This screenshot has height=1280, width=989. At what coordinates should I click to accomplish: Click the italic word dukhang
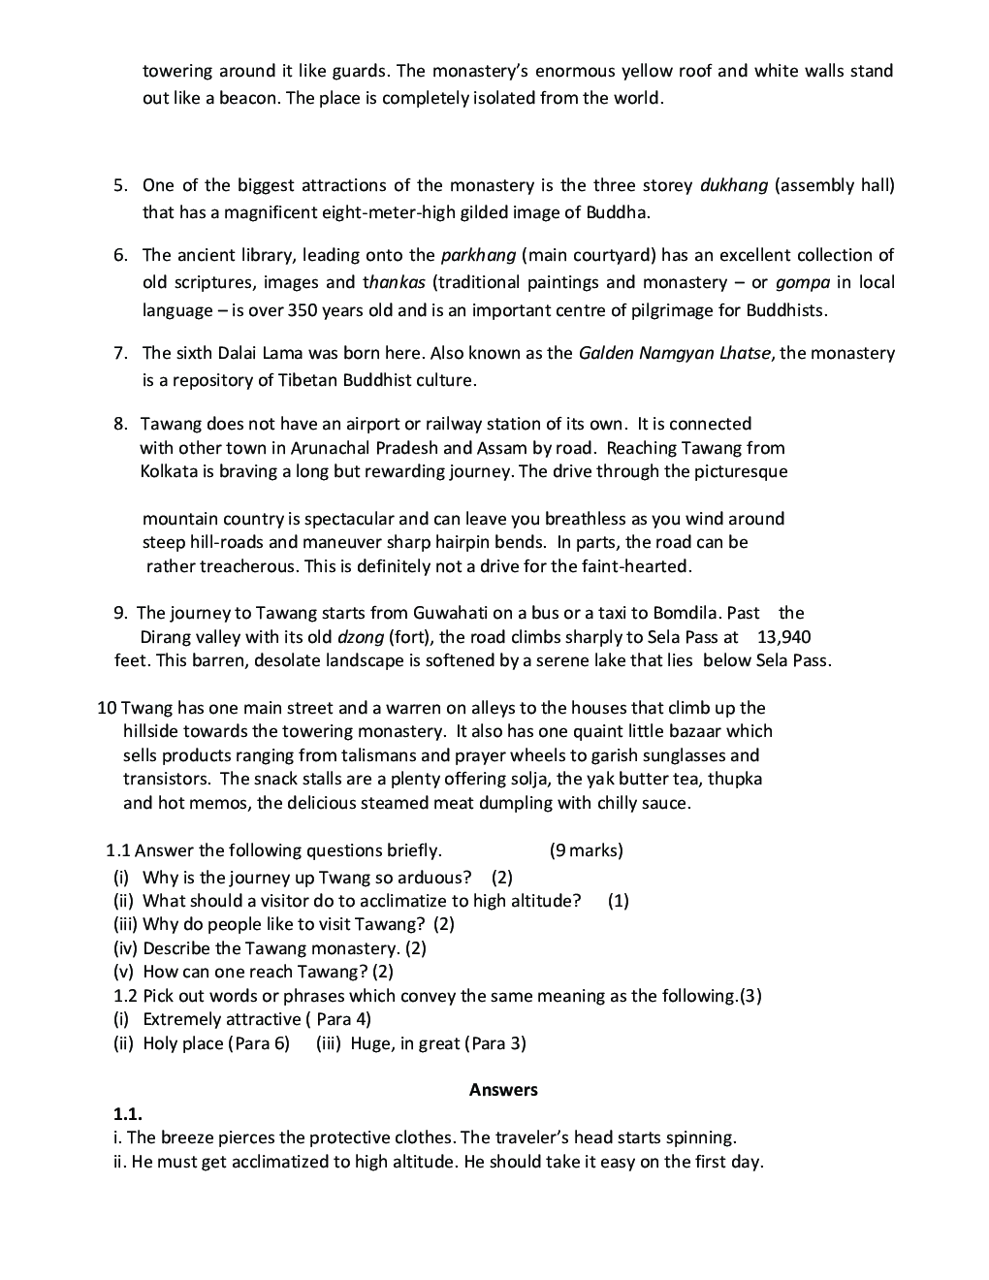[x=734, y=185]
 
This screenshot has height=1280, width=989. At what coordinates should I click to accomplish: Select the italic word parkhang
[x=478, y=255]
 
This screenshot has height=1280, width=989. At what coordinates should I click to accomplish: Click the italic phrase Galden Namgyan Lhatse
[x=675, y=353]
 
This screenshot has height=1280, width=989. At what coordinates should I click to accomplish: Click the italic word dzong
[x=360, y=637]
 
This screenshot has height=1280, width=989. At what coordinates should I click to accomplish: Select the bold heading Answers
[x=503, y=1090]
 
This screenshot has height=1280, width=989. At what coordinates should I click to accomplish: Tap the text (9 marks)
[x=586, y=850]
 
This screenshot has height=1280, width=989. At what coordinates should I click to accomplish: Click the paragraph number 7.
[x=120, y=353]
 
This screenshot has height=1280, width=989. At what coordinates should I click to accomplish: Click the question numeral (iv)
[x=125, y=948]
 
